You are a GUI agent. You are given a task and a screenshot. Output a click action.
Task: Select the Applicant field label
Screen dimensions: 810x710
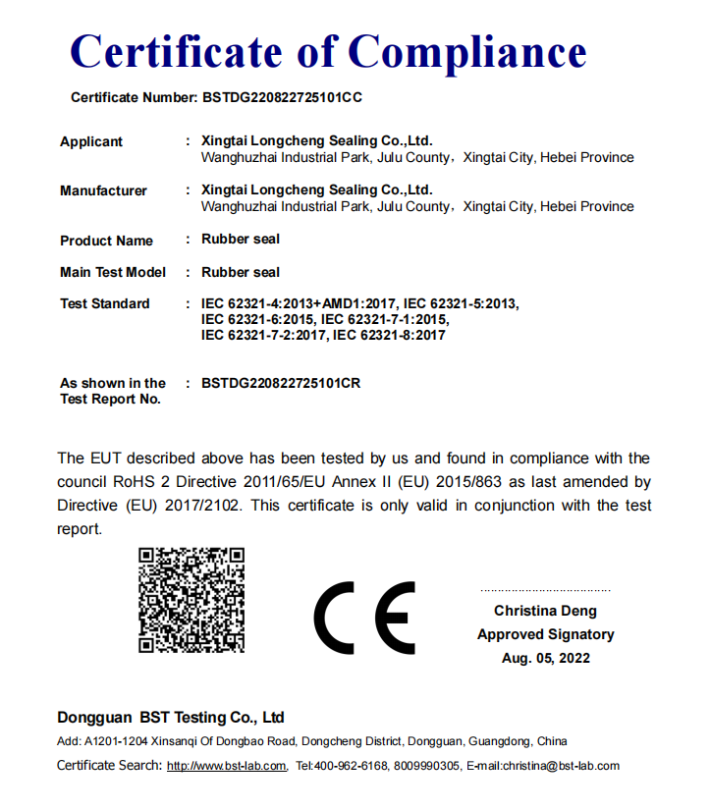point(91,141)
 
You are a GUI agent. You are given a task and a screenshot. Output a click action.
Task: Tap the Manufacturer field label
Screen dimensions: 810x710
point(103,190)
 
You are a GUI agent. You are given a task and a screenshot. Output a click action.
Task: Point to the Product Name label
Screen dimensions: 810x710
point(106,241)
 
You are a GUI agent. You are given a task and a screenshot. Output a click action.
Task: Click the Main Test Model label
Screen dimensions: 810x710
point(113,272)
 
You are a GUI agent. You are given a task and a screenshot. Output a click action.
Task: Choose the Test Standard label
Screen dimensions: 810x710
point(105,303)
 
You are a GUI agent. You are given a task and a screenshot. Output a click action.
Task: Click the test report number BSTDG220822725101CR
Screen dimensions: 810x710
point(281,383)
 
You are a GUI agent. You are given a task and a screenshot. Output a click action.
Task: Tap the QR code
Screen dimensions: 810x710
point(191,599)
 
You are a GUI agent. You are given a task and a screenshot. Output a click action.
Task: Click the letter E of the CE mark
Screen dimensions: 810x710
point(398,619)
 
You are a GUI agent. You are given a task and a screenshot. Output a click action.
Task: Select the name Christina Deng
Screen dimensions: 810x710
point(545,611)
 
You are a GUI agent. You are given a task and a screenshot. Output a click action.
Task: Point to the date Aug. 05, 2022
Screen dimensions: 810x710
point(546,658)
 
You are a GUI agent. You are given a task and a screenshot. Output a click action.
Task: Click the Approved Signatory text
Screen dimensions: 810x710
point(546,634)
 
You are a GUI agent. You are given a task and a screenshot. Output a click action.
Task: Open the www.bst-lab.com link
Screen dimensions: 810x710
point(227,766)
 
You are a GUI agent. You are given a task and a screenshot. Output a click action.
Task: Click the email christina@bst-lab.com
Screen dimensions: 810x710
point(562,766)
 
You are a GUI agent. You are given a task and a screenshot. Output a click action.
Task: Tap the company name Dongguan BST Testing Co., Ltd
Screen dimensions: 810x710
point(171,718)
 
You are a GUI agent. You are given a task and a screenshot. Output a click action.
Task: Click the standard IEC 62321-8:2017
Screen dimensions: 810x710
point(390,335)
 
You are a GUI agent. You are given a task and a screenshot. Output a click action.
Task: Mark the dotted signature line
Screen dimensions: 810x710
point(545,590)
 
